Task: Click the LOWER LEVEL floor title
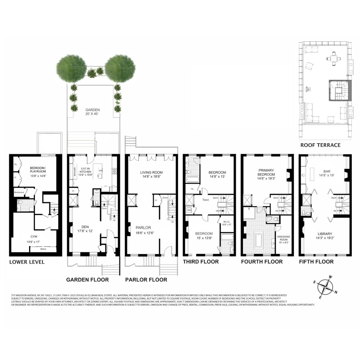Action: tap(27, 262)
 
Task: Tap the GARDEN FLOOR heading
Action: tap(87, 279)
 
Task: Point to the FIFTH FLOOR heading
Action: tap(316, 262)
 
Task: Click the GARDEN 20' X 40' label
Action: tap(92, 112)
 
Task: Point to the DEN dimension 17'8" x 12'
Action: tap(85, 231)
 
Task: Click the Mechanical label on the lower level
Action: tap(19, 192)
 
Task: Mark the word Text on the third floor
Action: tap(206, 200)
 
